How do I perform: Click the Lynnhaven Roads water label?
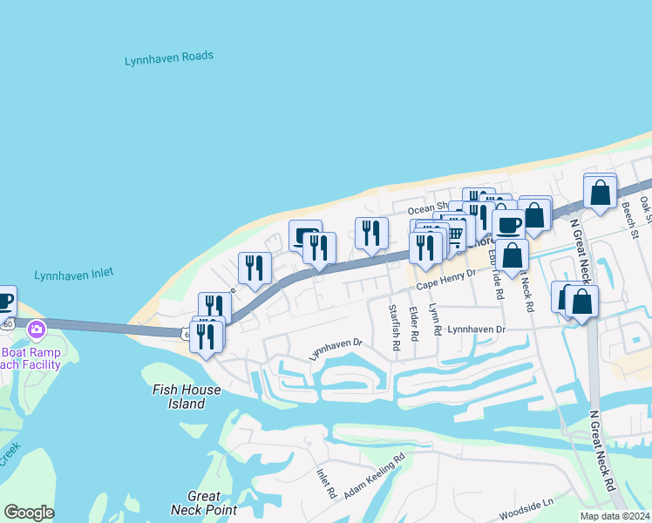(x=168, y=58)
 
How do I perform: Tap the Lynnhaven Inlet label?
(x=74, y=275)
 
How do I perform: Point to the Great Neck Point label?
(x=204, y=503)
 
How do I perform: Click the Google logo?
(x=29, y=513)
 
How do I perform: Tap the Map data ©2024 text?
(x=615, y=516)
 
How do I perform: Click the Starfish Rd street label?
(x=395, y=327)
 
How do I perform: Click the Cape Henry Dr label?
(x=445, y=278)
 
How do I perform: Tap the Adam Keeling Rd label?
(x=375, y=475)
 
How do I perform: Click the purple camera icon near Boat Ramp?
(x=37, y=329)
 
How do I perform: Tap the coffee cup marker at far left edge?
(x=4, y=302)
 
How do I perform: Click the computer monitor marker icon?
(x=305, y=235)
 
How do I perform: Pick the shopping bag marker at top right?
(x=601, y=193)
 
